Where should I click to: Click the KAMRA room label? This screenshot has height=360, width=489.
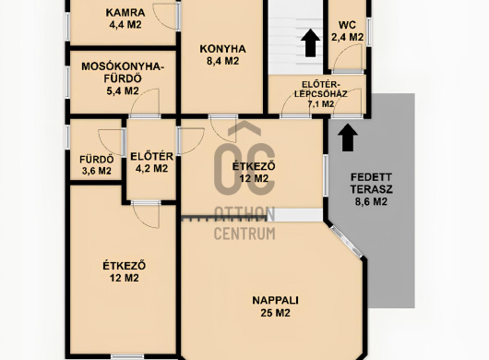(125, 13)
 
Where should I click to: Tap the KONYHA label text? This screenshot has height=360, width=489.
(222, 49)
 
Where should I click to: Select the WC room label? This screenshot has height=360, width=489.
(347, 25)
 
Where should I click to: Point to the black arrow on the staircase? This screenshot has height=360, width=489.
(311, 43)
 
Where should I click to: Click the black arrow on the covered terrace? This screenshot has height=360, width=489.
(348, 138)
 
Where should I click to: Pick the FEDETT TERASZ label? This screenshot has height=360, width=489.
(371, 184)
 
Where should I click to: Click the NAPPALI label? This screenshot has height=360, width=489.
(275, 300)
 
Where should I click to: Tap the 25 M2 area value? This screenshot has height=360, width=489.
(275, 313)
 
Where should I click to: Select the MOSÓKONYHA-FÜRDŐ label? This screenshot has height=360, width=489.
(123, 73)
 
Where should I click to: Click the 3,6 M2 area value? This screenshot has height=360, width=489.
(96, 171)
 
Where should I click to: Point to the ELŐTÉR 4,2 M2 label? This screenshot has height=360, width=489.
(151, 162)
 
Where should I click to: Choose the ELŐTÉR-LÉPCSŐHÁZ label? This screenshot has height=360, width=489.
(320, 89)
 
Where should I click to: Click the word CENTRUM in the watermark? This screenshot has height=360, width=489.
(244, 234)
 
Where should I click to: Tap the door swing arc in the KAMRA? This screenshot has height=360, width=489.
(165, 18)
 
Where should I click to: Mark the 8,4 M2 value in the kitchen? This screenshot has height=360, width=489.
(222, 61)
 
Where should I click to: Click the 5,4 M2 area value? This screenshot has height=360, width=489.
(123, 91)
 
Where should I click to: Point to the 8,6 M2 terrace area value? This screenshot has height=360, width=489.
(371, 202)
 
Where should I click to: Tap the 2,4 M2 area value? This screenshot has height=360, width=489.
(347, 38)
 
